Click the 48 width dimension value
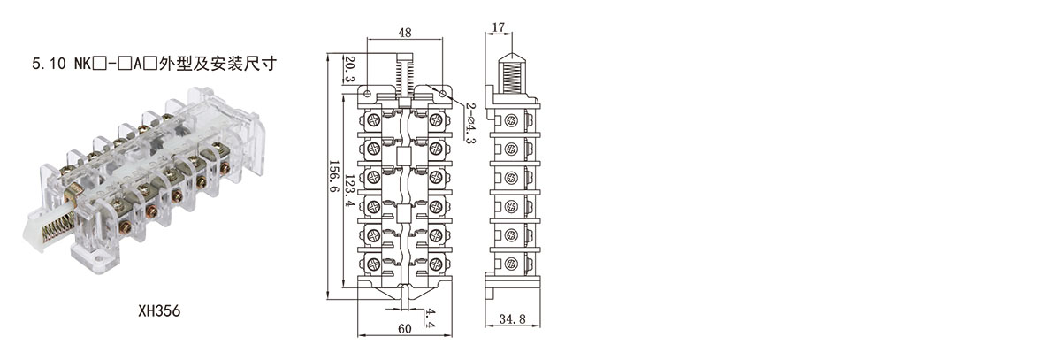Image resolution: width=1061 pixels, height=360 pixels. [404, 32]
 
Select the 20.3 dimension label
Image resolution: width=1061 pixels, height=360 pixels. [348, 68]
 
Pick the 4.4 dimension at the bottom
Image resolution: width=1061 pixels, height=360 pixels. [430, 319]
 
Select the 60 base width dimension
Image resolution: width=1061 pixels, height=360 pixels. [404, 330]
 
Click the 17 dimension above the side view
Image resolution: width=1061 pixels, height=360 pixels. [499, 27]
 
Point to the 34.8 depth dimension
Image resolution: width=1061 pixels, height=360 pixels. [510, 318]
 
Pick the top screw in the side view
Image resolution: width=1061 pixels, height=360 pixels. [511, 120]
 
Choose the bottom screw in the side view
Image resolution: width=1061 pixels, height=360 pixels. [511, 263]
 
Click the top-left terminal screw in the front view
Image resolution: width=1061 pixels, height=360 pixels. [374, 119]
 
